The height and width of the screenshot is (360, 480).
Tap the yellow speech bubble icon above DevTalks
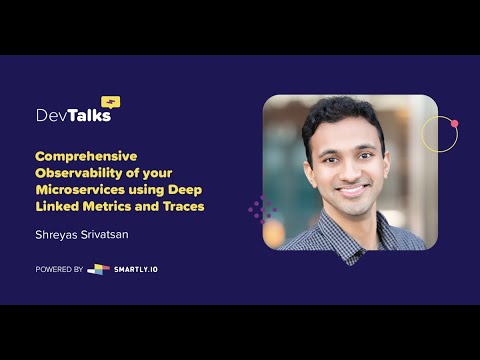click(x=110, y=101)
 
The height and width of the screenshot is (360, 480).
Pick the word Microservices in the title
click(x=81, y=189)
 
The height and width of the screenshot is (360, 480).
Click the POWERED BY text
click(x=59, y=269)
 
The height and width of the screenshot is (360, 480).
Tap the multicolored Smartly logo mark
click(x=98, y=269)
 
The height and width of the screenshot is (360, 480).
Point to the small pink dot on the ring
click(x=454, y=124)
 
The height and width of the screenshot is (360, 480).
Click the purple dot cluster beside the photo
click(x=262, y=209)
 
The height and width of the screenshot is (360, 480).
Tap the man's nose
click(x=349, y=167)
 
